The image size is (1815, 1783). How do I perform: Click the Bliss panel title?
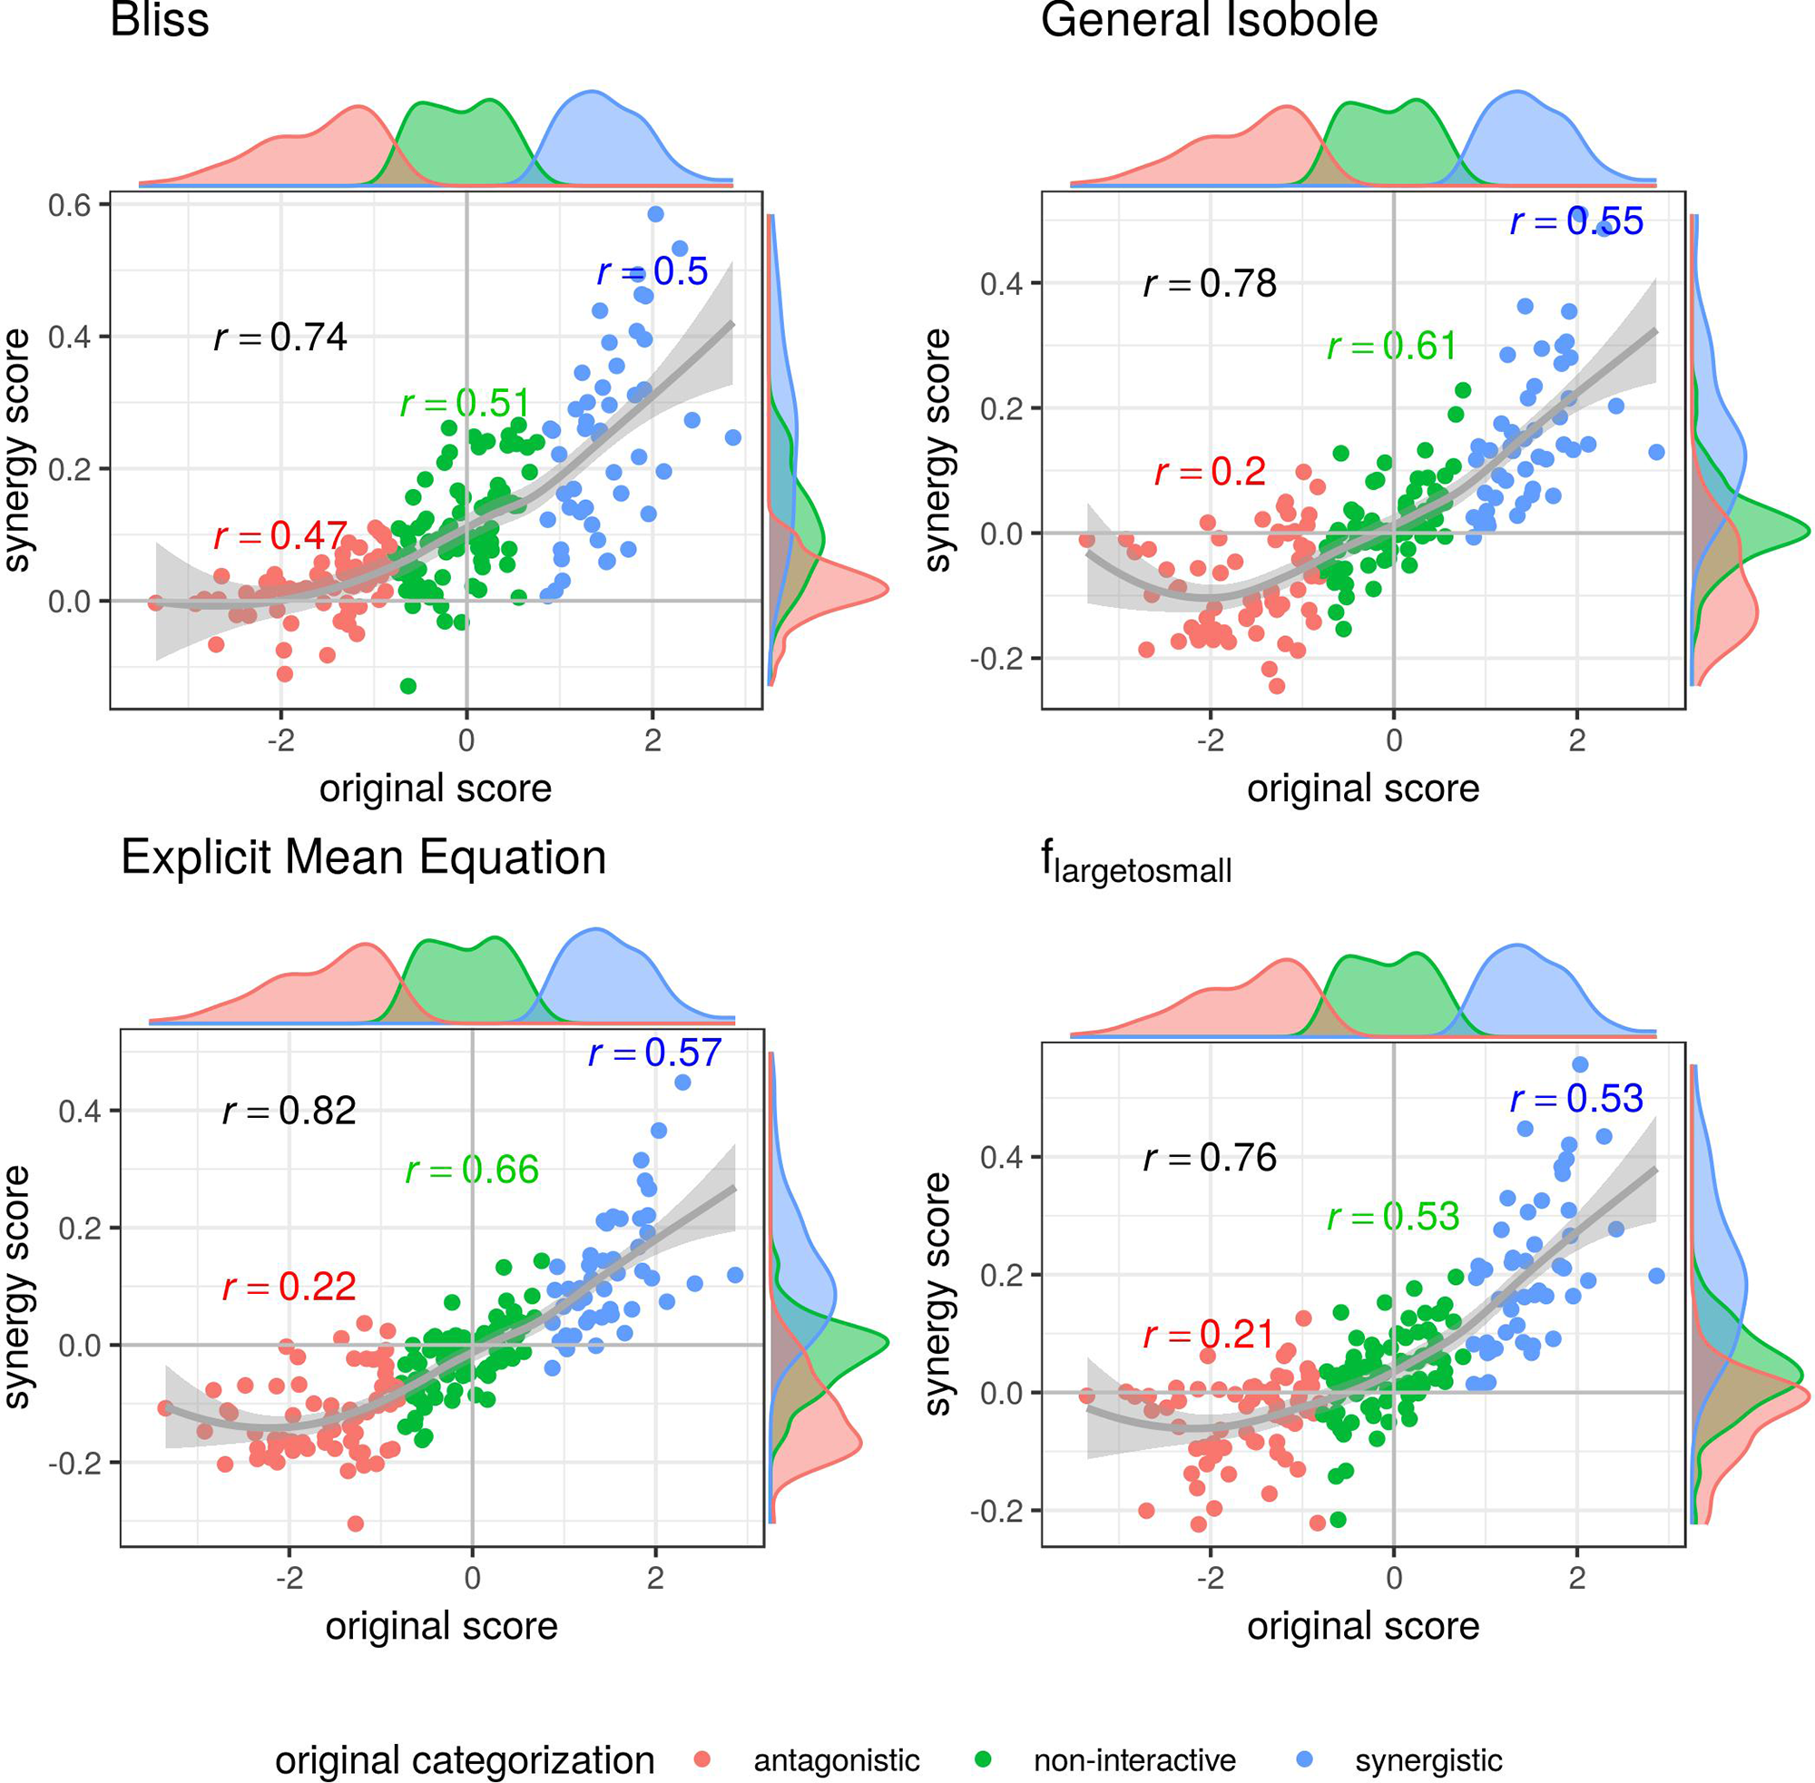(159, 21)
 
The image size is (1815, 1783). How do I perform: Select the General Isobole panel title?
(1208, 21)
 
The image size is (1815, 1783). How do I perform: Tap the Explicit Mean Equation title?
(363, 857)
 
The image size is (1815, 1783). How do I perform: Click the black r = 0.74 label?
(280, 338)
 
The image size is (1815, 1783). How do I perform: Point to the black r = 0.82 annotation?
(289, 1111)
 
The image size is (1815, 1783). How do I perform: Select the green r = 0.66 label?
(472, 1170)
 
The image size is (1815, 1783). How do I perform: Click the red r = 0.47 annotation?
(280, 535)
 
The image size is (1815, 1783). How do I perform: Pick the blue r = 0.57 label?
(653, 1053)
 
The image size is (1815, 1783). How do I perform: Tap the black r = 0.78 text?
(1209, 283)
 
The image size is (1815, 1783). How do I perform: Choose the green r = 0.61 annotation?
(1392, 347)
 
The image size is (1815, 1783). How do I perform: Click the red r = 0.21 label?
(1208, 1335)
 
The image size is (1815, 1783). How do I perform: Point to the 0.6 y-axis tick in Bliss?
(69, 205)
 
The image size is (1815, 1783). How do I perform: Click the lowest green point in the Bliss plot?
(407, 685)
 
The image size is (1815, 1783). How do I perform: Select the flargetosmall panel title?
(1135, 864)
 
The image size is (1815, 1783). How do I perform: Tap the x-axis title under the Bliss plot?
(436, 789)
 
